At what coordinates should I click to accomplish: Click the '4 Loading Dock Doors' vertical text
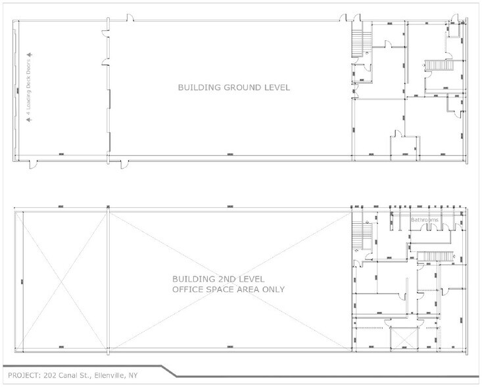(28, 88)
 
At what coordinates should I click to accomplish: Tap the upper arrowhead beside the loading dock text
(28, 55)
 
